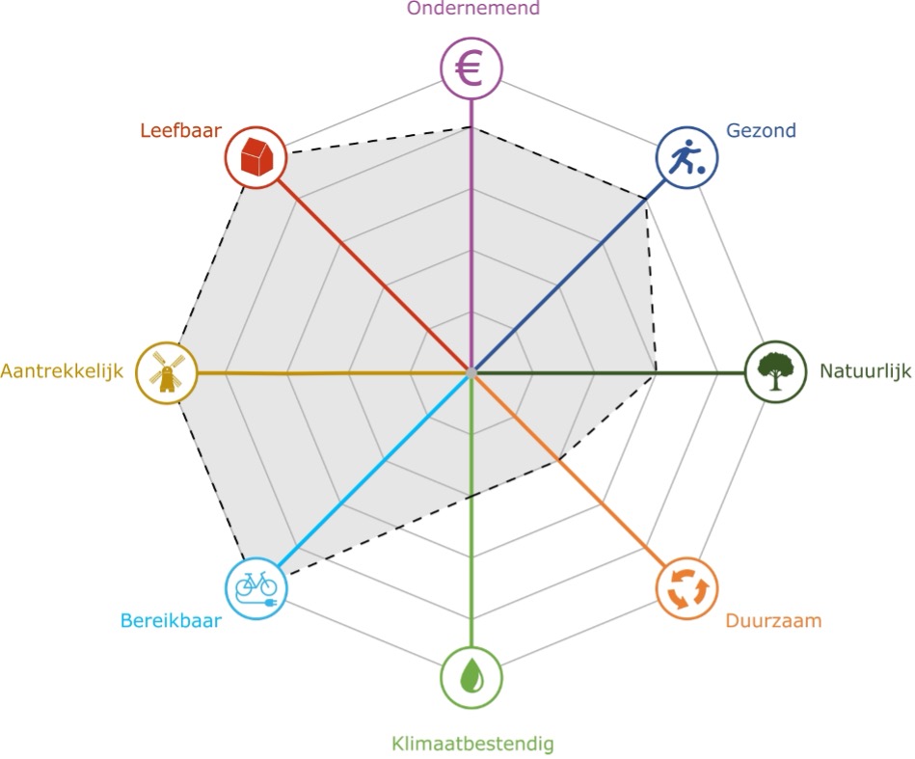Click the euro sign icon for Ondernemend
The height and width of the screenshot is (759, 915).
(x=471, y=69)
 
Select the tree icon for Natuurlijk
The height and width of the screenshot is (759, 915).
(x=776, y=371)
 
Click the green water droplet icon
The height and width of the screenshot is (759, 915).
(x=471, y=676)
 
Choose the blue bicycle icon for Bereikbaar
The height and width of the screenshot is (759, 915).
(x=256, y=586)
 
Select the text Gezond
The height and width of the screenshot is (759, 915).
(x=762, y=131)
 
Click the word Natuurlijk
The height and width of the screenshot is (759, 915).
(x=865, y=370)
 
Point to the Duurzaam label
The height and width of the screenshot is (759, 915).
(x=773, y=620)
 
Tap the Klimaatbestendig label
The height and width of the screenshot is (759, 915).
(x=472, y=744)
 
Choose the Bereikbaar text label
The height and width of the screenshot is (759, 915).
(x=171, y=620)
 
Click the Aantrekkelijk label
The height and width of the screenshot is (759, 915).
(x=62, y=371)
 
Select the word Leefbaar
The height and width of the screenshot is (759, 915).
(x=181, y=131)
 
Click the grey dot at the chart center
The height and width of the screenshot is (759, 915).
(x=471, y=371)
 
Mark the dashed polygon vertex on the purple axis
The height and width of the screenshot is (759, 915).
(x=471, y=126)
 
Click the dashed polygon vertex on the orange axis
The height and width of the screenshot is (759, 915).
(x=559, y=460)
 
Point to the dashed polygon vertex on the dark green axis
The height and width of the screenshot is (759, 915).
(x=657, y=371)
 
